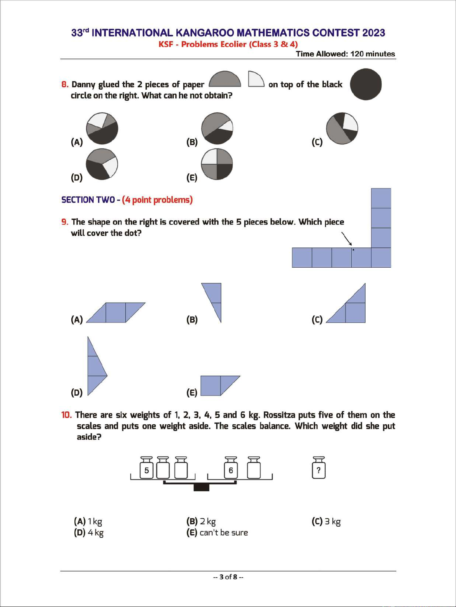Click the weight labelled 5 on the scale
(x=147, y=468)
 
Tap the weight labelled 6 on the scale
(x=230, y=468)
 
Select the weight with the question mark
(x=319, y=468)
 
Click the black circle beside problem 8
(x=366, y=84)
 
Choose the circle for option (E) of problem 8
(x=217, y=164)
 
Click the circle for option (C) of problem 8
(x=342, y=128)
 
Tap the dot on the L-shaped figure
(x=353, y=250)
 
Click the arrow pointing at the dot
(x=347, y=238)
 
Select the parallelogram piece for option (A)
(x=116, y=312)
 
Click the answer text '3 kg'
(x=333, y=522)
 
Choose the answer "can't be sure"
(x=224, y=533)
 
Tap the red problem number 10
(x=66, y=415)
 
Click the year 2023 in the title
(x=374, y=33)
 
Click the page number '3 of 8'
(x=228, y=577)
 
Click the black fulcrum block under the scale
(x=201, y=487)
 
